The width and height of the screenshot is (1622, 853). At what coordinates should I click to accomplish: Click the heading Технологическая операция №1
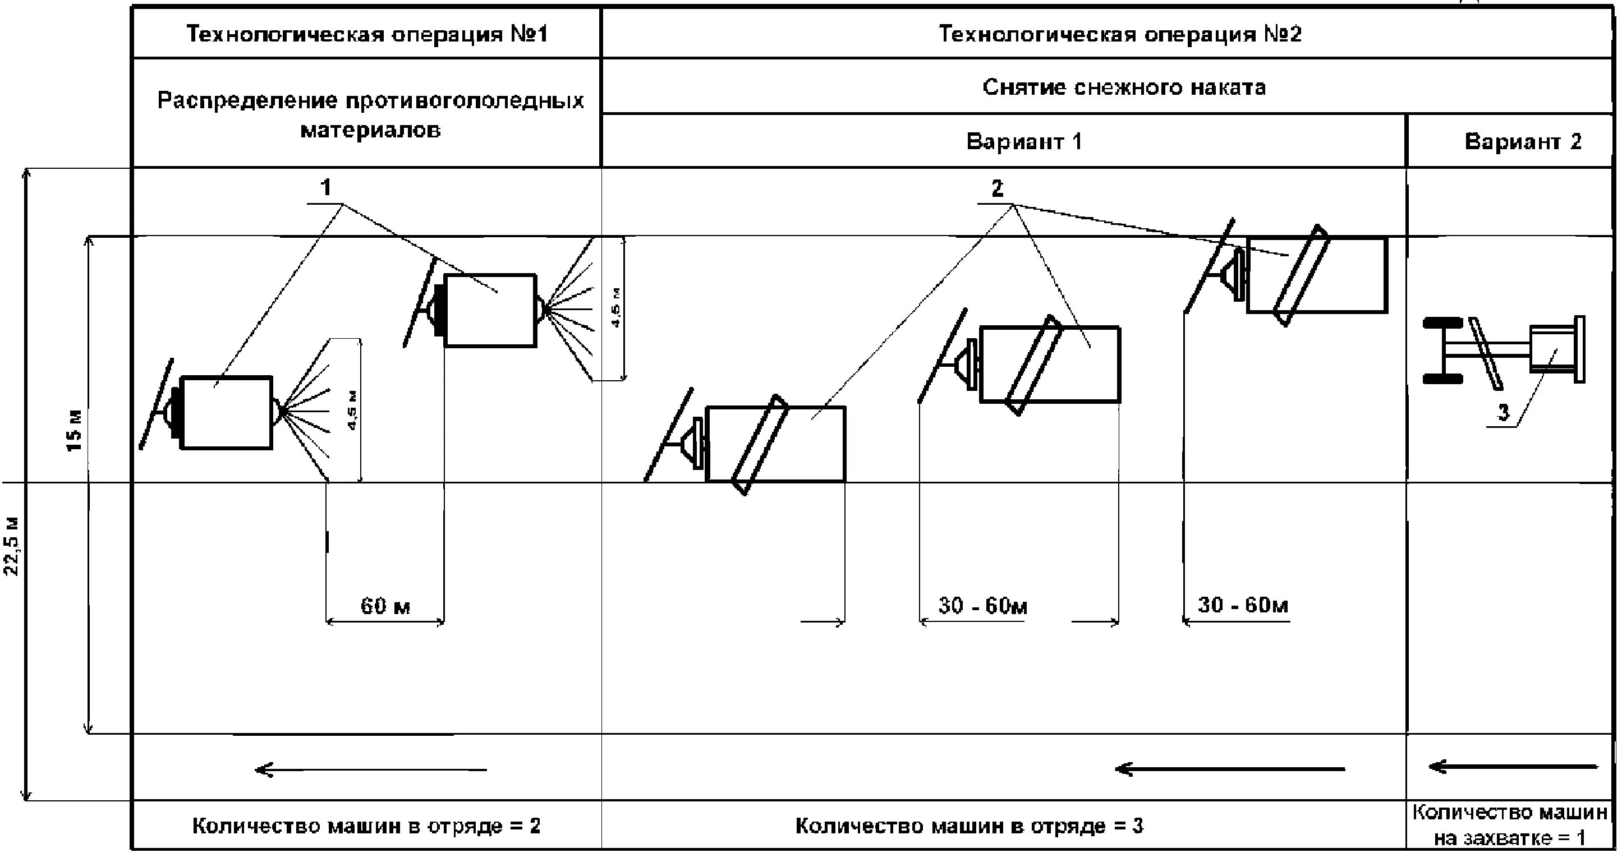(367, 34)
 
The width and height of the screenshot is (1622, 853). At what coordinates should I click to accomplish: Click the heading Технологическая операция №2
(1119, 34)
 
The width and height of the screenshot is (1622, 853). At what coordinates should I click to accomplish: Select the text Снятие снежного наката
(1124, 87)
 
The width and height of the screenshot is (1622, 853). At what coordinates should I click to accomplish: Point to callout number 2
(997, 188)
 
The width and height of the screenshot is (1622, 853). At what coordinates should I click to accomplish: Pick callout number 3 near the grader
(1504, 413)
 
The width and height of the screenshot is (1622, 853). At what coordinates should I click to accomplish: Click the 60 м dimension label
(385, 606)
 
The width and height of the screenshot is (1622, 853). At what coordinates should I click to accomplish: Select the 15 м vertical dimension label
(75, 431)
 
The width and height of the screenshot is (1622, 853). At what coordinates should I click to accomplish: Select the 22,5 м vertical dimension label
(12, 546)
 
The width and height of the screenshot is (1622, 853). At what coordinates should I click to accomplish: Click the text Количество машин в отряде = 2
(366, 826)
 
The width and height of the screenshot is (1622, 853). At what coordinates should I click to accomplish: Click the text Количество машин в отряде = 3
(969, 826)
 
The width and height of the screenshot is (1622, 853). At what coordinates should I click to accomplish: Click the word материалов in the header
(370, 130)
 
